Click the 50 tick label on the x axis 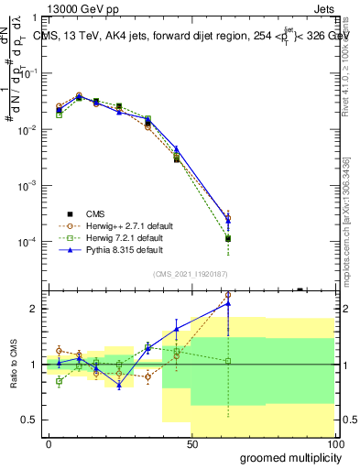(x=191, y=444)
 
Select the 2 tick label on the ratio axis (x=35, y=309)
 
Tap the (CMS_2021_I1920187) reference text (x=191, y=272)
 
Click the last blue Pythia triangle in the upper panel (x=228, y=219)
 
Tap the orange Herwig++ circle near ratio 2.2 (x=228, y=296)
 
